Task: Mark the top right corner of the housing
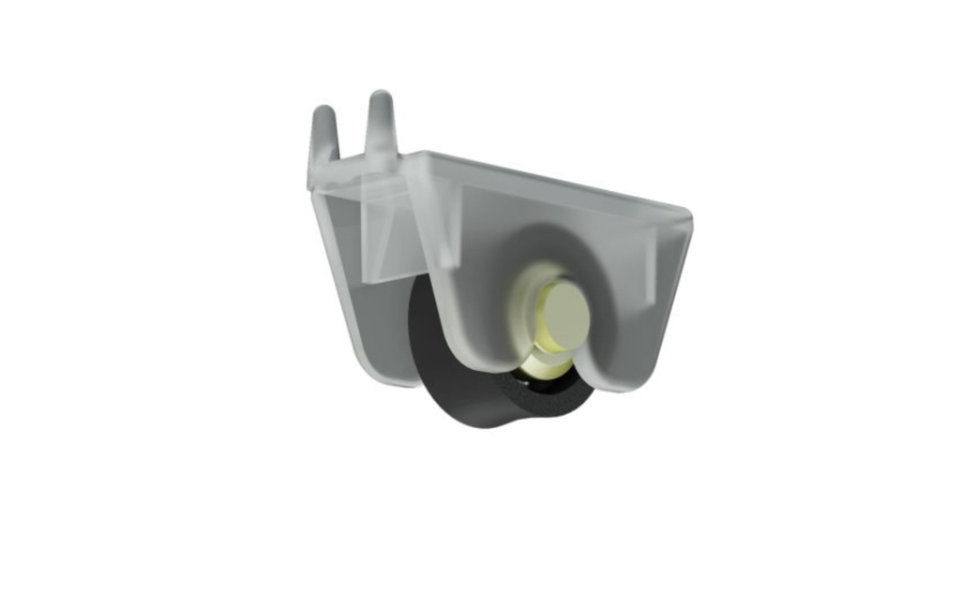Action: pyautogui.click(x=686, y=215)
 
